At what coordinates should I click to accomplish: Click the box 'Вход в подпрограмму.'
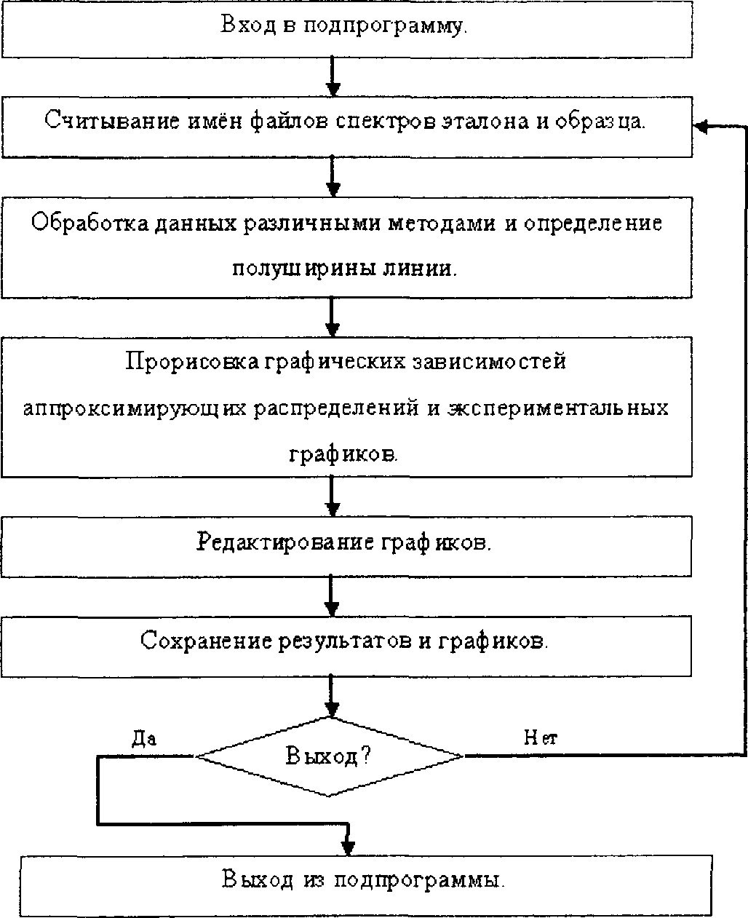[346, 29]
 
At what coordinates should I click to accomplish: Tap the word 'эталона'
[485, 121]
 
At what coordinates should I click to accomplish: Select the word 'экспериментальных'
[558, 408]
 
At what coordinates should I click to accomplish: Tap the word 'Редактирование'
[287, 543]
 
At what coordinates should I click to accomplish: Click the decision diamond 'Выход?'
[330, 756]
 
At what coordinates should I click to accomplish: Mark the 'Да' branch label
[144, 739]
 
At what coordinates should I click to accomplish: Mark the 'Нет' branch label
[541, 739]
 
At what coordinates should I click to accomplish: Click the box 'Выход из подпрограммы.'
[364, 880]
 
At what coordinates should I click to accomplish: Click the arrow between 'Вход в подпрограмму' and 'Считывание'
[333, 76]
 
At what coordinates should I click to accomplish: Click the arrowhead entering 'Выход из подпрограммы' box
[349, 847]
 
